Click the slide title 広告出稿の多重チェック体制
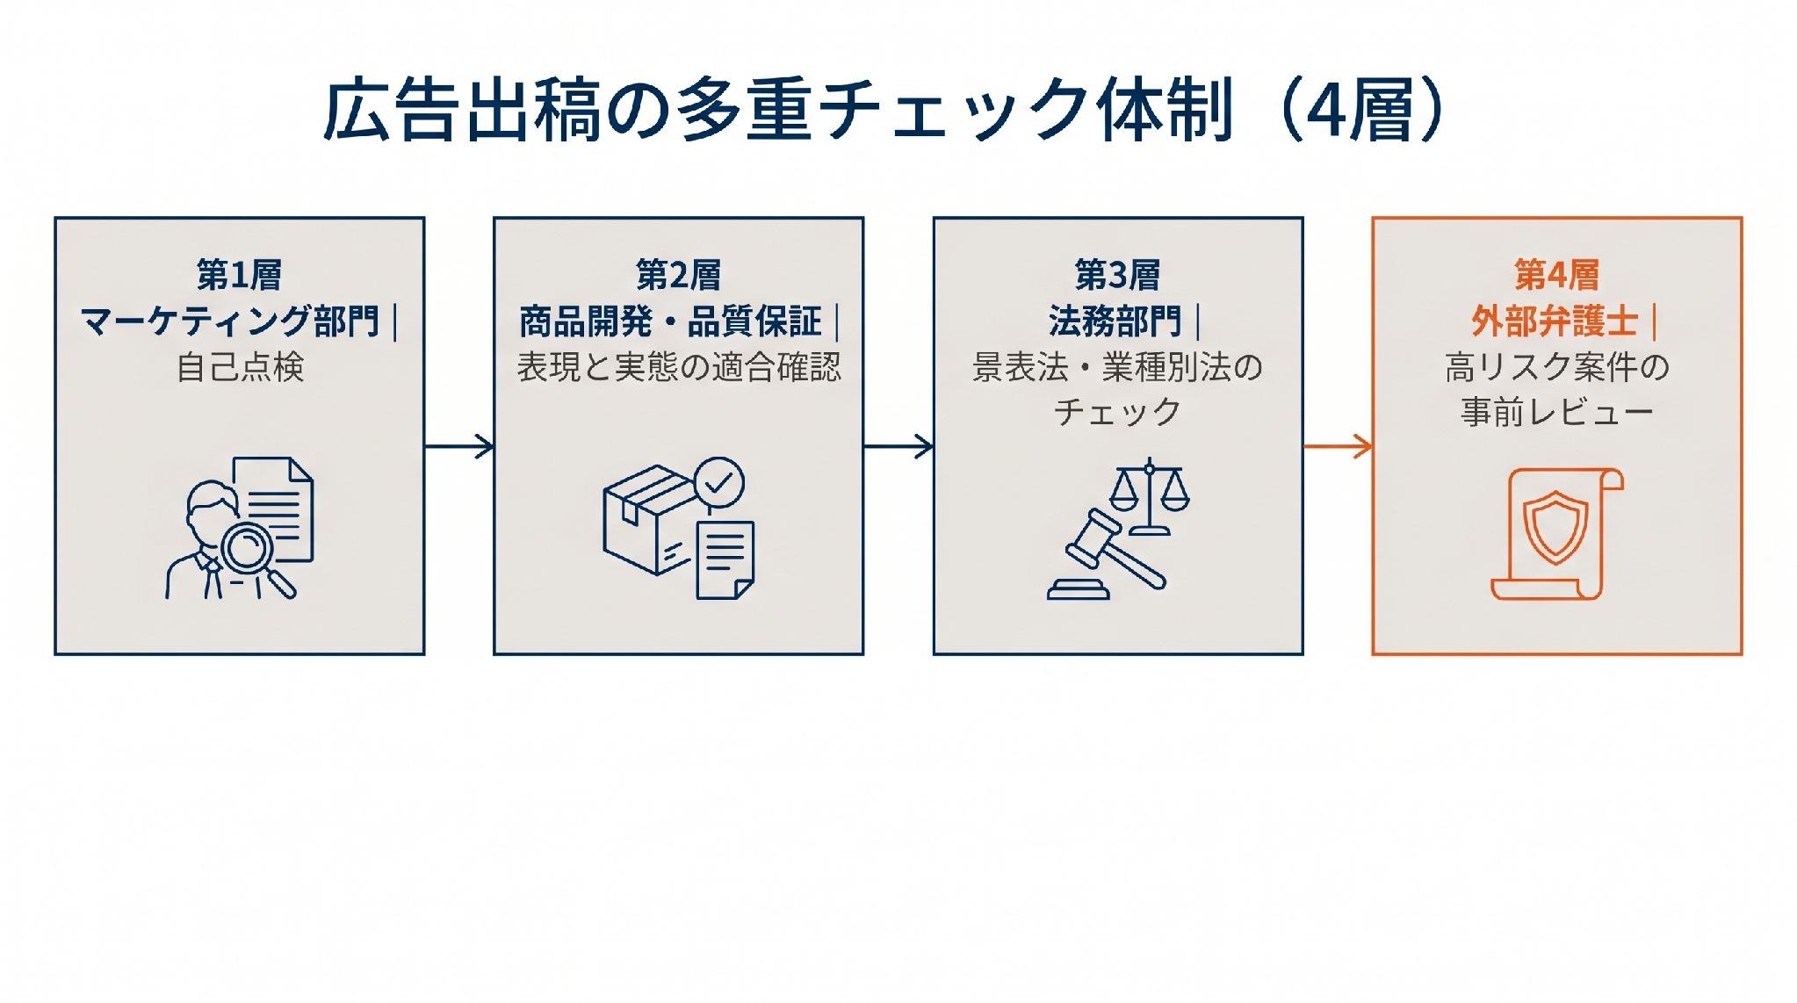pos(779,112)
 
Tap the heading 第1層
pos(239,276)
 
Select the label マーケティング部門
pos(230,321)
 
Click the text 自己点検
pos(240,367)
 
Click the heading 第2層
pos(678,276)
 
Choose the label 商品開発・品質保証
pos(670,321)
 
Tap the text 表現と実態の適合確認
pos(679,367)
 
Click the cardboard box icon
pos(648,520)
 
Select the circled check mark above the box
pos(719,482)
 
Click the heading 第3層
pos(1117,276)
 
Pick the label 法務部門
pos(1115,321)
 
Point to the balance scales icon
pos(1149,496)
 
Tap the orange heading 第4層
pos(1556,276)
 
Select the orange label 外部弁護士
pos(1555,321)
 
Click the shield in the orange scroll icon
pos(1555,527)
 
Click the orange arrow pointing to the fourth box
pos(1338,446)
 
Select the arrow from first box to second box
pos(459,446)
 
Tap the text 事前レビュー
pos(1557,412)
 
